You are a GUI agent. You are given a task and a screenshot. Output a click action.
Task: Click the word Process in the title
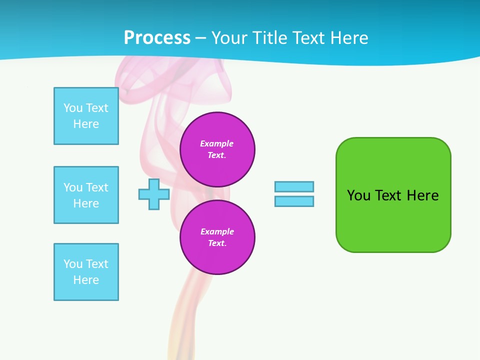tap(157, 38)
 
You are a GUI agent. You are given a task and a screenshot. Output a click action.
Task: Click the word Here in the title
tap(348, 38)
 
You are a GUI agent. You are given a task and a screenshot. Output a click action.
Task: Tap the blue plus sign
tap(154, 194)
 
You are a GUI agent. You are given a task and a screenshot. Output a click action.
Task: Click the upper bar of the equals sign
tap(294, 187)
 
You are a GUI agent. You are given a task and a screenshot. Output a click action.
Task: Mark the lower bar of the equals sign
tap(294, 201)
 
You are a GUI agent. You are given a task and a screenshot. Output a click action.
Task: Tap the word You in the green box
tap(358, 195)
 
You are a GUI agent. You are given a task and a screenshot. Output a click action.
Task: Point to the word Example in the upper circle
tap(217, 143)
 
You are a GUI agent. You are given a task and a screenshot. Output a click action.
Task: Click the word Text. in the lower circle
tap(217, 243)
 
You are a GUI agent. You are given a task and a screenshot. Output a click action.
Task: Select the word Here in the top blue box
tap(86, 124)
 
